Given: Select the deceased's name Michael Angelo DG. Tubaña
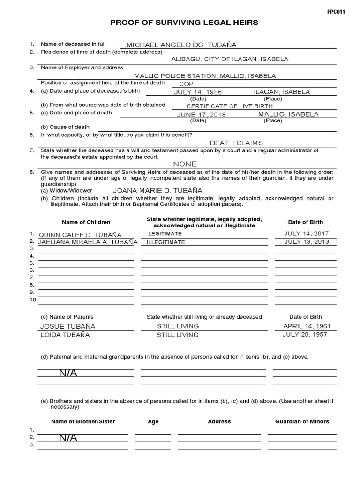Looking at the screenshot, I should (x=181, y=45).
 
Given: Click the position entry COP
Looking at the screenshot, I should (x=186, y=84).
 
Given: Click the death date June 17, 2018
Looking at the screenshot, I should (x=201, y=115).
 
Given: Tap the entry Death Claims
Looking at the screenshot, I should (x=236, y=143).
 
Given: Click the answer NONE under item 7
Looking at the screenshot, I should (x=185, y=164).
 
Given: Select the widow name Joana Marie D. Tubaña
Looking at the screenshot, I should (x=157, y=190).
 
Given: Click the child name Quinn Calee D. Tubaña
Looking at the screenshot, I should (x=80, y=235).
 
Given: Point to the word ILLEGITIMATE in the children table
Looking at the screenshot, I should (x=165, y=242).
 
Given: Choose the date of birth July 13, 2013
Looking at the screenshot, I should (x=307, y=242).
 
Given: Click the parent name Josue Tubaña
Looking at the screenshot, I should (x=67, y=326).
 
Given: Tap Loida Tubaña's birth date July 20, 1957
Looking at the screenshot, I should (x=305, y=334).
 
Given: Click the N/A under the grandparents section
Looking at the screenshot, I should (x=68, y=373).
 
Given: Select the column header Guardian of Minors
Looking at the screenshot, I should (x=302, y=421).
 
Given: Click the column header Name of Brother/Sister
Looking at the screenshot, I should (x=83, y=421).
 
